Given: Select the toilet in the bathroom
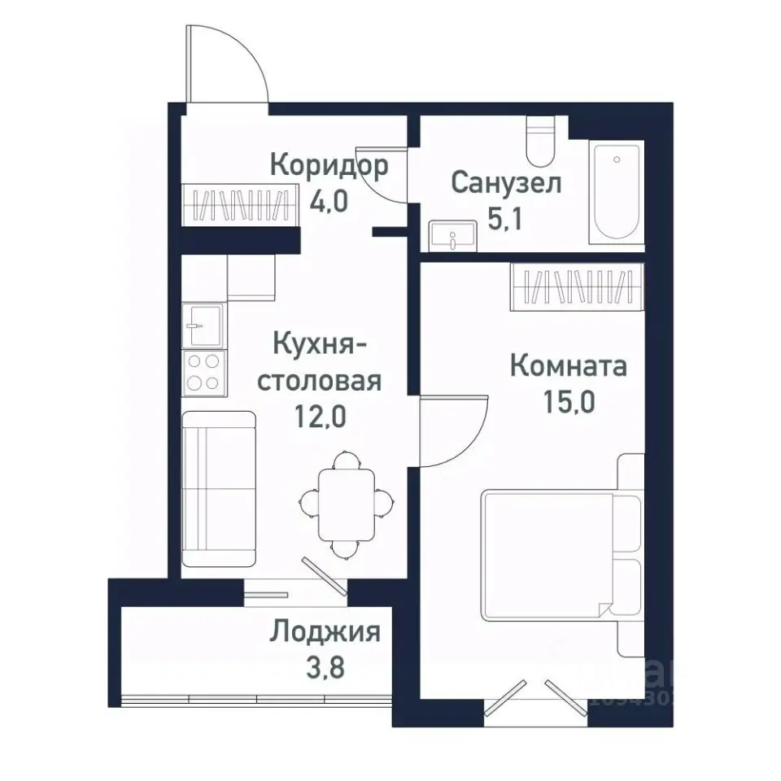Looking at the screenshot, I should click(539, 142).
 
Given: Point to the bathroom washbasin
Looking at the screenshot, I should click(450, 236).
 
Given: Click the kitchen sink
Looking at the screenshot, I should click(203, 325).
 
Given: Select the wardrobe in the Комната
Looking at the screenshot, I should click(577, 286).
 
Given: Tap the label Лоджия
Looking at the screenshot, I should click(325, 631).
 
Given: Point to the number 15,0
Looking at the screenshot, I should click(568, 402).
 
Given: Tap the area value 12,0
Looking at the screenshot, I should click(321, 417).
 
